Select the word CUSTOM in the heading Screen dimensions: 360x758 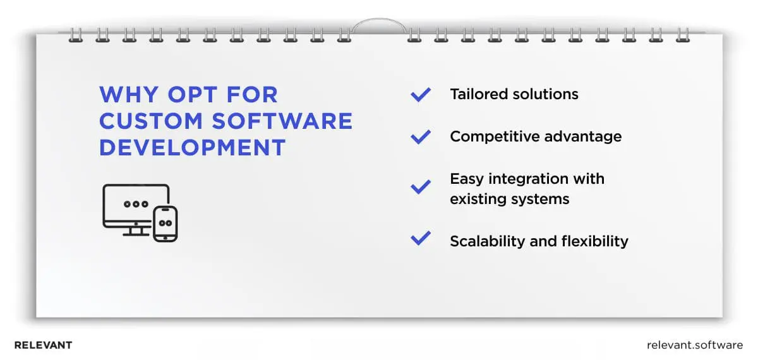click(x=147, y=121)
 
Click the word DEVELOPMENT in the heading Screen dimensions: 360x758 click(x=193, y=147)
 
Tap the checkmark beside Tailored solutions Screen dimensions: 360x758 click(x=421, y=95)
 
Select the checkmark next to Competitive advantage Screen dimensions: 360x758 click(x=421, y=136)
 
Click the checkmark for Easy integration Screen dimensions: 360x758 click(x=421, y=187)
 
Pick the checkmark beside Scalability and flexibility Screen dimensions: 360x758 click(x=421, y=239)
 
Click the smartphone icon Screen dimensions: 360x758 click(x=165, y=224)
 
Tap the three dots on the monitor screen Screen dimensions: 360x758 click(x=136, y=204)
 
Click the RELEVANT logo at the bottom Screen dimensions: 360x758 click(x=43, y=345)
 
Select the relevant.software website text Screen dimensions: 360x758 click(x=695, y=345)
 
